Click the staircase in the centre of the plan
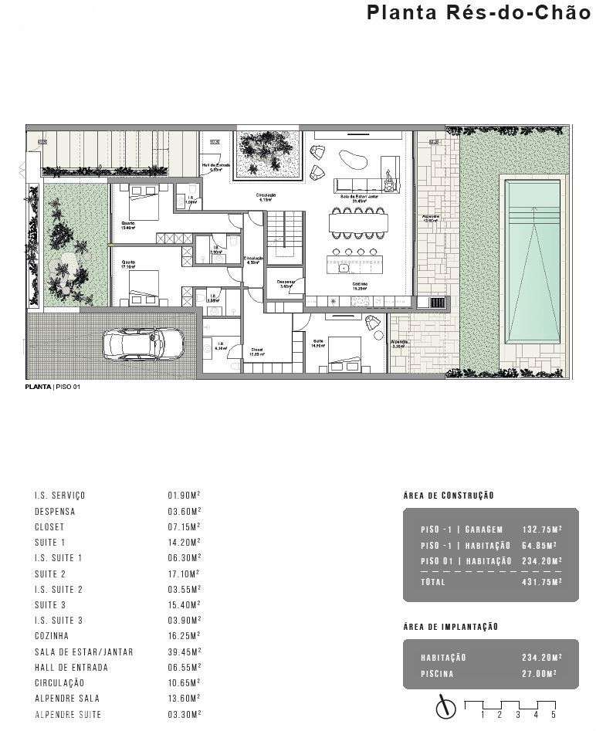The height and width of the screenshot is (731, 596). (282, 232)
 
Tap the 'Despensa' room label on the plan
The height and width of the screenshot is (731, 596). (286, 283)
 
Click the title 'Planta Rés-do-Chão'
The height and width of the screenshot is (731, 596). (478, 13)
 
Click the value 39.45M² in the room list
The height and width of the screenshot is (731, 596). (185, 651)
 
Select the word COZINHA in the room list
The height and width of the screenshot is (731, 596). (52, 636)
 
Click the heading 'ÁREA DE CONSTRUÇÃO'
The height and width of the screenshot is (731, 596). (449, 496)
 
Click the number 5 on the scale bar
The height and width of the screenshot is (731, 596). (554, 716)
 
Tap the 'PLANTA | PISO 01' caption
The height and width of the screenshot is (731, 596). (52, 387)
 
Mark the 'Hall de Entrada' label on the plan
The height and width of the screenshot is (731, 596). (215, 166)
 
